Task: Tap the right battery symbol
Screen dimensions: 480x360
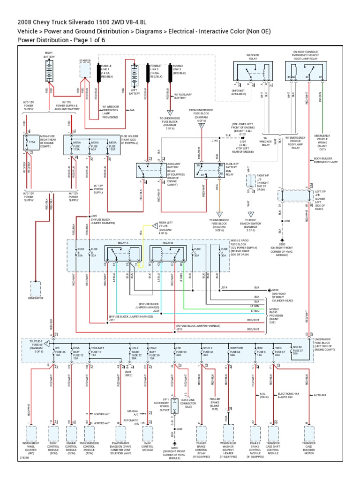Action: click(49, 70)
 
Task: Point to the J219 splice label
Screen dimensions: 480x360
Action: click(224, 287)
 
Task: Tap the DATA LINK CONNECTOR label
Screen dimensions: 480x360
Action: click(188, 403)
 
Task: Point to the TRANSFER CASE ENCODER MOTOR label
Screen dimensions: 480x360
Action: click(309, 448)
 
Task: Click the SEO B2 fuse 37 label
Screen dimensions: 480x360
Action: click(298, 350)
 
